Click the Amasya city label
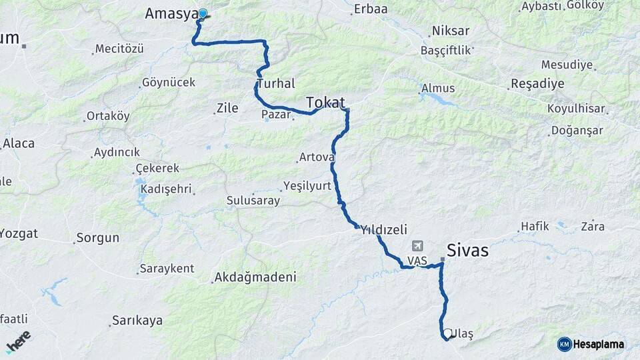[x=171, y=13]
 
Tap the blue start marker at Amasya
[x=202, y=13]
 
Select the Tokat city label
[x=325, y=102]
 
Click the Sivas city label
[x=467, y=251]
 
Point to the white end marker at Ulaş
[x=446, y=333]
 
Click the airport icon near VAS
[x=418, y=246]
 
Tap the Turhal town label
[x=275, y=84]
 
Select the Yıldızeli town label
[x=383, y=229]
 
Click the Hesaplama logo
[x=591, y=344]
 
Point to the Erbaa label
[x=371, y=9]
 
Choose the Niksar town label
[x=451, y=31]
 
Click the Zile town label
[x=227, y=108]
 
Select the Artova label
[x=316, y=157]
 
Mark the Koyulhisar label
[x=576, y=109]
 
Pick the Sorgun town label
[x=97, y=237]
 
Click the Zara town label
[x=593, y=227]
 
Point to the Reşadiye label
[x=537, y=84]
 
